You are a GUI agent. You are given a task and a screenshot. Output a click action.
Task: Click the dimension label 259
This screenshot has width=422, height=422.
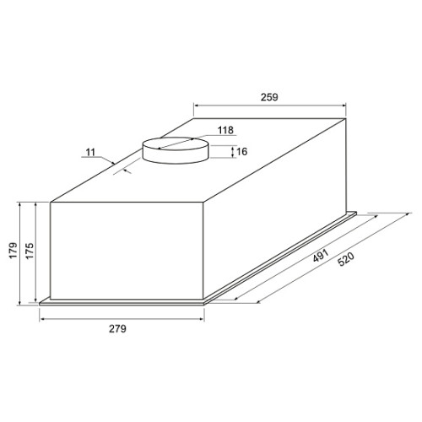pyautogui.click(x=269, y=97)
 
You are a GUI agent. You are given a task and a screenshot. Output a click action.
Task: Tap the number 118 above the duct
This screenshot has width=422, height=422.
pyautogui.click(x=225, y=130)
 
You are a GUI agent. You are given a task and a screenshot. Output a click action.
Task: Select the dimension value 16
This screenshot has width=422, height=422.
pyautogui.click(x=242, y=152)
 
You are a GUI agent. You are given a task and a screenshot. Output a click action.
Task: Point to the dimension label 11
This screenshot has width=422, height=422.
pyautogui.click(x=90, y=153)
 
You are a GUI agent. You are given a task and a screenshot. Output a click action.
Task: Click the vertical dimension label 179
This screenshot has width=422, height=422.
pyautogui.click(x=14, y=250)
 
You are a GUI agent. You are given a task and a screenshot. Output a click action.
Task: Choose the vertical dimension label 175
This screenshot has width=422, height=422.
pyautogui.click(x=30, y=251)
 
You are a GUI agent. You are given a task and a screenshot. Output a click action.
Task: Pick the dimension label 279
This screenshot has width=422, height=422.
pyautogui.click(x=117, y=328)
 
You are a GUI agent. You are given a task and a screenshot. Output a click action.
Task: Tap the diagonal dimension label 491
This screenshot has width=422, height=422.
pyautogui.click(x=321, y=256)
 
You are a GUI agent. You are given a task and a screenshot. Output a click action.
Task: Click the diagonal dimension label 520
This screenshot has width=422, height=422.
pyautogui.click(x=346, y=259)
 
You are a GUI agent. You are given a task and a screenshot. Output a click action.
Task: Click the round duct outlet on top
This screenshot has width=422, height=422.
pyautogui.click(x=176, y=150)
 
